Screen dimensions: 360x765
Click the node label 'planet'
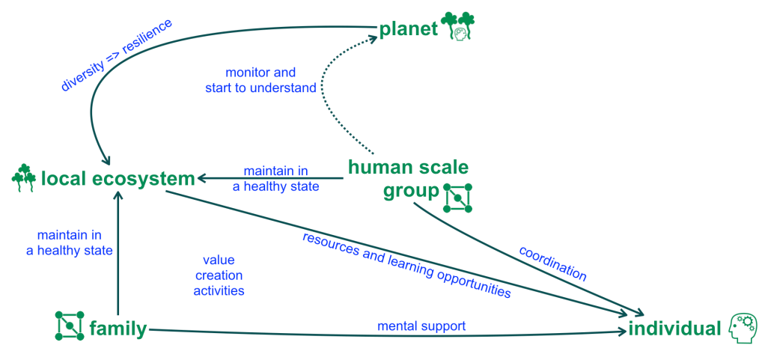tap(408, 29)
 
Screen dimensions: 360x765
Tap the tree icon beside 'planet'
tap(458, 25)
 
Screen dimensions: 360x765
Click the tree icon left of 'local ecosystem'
tap(23, 177)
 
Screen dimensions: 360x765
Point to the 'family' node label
tap(118, 329)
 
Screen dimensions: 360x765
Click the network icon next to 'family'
tap(70, 326)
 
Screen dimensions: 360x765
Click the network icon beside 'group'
tap(457, 197)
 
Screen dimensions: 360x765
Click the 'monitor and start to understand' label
tap(260, 80)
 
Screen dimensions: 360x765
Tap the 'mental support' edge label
tap(421, 326)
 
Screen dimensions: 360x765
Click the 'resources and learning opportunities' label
tap(406, 265)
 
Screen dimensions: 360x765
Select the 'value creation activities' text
tap(219, 275)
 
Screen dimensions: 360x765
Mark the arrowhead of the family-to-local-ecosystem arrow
tap(118, 196)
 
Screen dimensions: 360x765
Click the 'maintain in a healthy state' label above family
tap(70, 242)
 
